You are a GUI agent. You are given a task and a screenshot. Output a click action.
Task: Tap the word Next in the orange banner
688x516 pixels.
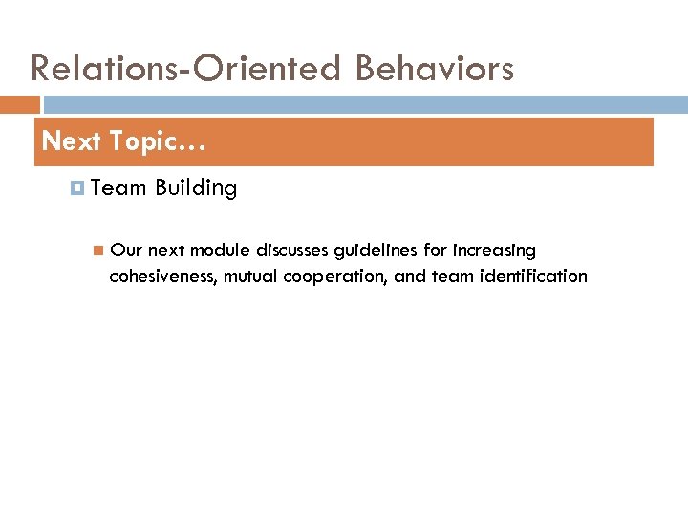[72, 141]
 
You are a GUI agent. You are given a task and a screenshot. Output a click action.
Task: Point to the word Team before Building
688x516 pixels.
[119, 188]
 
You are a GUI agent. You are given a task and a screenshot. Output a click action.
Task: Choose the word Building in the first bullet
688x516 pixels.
[196, 188]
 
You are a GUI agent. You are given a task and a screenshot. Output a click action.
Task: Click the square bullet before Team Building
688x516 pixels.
[78, 188]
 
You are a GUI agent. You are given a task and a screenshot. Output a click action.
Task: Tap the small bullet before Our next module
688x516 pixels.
[97, 251]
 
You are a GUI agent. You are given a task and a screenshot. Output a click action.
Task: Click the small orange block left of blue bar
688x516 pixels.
[20, 104]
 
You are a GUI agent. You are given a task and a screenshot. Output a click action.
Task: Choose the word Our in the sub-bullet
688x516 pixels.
[126, 250]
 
